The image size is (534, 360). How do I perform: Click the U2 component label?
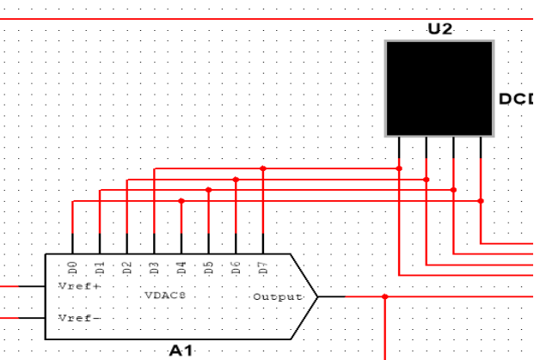point(439,28)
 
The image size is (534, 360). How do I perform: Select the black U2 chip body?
point(439,88)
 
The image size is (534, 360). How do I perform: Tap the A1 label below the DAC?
point(181,351)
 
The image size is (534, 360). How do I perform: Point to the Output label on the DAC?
point(277,297)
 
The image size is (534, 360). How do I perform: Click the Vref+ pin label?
point(78,285)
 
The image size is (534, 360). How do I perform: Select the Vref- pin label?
point(78,318)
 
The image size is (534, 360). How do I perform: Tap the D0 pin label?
point(73,267)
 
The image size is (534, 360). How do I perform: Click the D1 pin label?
point(101,267)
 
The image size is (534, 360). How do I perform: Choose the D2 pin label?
point(127,267)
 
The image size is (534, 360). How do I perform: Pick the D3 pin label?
point(155,267)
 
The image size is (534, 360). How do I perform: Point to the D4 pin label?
point(181,267)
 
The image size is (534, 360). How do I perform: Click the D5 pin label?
point(209,267)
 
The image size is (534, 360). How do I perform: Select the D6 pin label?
point(236,267)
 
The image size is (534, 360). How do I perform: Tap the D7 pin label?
point(263,267)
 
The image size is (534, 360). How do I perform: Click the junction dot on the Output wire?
point(385,296)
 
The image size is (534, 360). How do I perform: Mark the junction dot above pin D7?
point(263,169)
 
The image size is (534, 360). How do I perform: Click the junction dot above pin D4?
point(181,201)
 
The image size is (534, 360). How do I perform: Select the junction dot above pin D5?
point(209,190)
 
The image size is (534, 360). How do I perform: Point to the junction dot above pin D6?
point(236,180)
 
